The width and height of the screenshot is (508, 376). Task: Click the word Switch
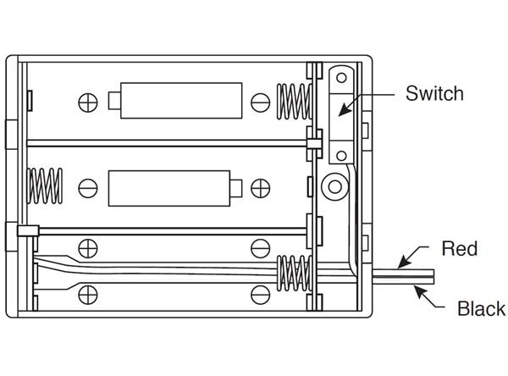(x=434, y=92)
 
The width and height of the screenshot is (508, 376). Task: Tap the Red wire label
(x=460, y=248)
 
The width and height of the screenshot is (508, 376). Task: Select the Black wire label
(x=481, y=308)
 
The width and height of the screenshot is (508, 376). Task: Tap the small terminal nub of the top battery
(x=113, y=102)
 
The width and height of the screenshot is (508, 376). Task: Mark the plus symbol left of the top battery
(x=88, y=102)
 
